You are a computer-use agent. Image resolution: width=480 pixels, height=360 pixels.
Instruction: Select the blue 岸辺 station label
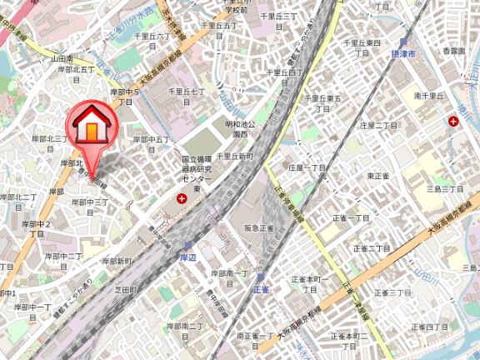[x=188, y=258]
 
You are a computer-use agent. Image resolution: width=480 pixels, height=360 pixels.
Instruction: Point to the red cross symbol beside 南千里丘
[x=452, y=122]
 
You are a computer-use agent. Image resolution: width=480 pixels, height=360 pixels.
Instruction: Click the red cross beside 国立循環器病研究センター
[x=182, y=199]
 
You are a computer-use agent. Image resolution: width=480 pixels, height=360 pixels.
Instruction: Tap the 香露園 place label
[x=453, y=52]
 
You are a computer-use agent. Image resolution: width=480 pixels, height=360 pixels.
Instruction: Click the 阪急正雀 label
[x=258, y=228]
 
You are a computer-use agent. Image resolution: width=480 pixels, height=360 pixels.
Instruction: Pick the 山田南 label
[x=62, y=58]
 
